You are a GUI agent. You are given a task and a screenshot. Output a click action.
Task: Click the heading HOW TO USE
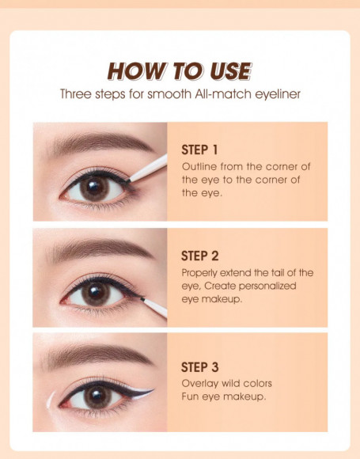(x=180, y=71)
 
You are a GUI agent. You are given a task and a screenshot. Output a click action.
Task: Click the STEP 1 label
(x=199, y=150)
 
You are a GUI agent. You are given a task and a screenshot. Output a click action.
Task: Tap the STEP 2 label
(x=199, y=256)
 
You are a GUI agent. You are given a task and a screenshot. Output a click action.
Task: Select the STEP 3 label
(x=199, y=367)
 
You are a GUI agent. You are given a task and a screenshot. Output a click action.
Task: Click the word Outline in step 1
(x=199, y=167)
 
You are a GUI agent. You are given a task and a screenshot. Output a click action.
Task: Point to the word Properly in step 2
(x=201, y=272)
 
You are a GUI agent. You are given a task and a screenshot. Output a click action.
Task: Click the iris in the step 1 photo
(x=95, y=188)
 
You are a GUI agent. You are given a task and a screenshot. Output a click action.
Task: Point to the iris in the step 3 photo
(x=98, y=398)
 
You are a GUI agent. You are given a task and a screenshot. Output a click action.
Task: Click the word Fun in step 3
(x=191, y=396)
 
